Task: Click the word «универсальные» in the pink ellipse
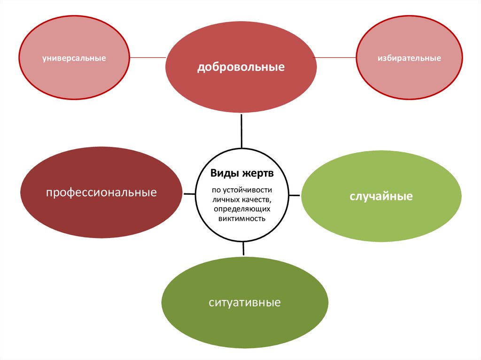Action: pos(74,59)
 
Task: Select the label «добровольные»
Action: pos(240,67)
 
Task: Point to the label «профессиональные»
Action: pos(101,192)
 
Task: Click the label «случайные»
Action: pos(380,196)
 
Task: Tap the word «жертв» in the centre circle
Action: pos(258,174)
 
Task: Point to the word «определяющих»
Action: pos(242,209)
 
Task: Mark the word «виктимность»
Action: pos(242,219)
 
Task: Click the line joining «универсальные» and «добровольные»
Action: pos(147,57)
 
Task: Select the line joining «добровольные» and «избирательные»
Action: pos(334,57)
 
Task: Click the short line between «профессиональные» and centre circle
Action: pos(189,193)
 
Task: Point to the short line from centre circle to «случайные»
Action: pos(295,194)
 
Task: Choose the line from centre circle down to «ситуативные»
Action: pos(243,249)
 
